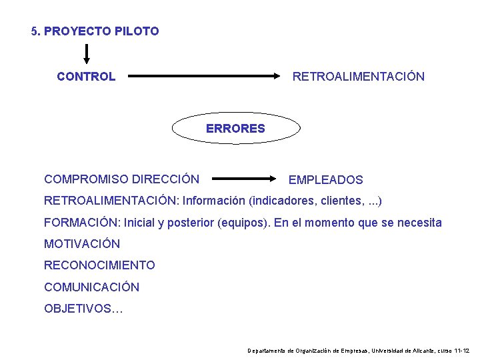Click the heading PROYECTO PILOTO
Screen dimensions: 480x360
pos(101,31)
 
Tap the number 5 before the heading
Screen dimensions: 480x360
pos(35,31)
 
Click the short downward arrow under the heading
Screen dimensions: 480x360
pos(87,54)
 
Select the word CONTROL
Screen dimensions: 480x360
pos(86,77)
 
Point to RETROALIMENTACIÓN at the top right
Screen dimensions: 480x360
pos(358,77)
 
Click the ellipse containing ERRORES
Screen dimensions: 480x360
pos(235,128)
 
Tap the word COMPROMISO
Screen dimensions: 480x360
pos(86,179)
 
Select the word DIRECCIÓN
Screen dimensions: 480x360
pos(165,179)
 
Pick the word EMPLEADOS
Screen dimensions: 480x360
pos(325,180)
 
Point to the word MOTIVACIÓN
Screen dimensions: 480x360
pos(82,244)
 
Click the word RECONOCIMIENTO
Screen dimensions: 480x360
pos(99,265)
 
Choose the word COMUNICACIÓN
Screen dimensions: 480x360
pos(92,287)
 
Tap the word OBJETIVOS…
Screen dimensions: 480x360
pos(83,309)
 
